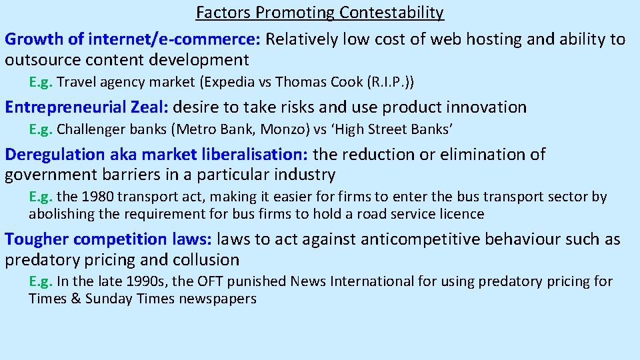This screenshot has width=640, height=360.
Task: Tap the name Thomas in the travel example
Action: (x=297, y=83)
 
